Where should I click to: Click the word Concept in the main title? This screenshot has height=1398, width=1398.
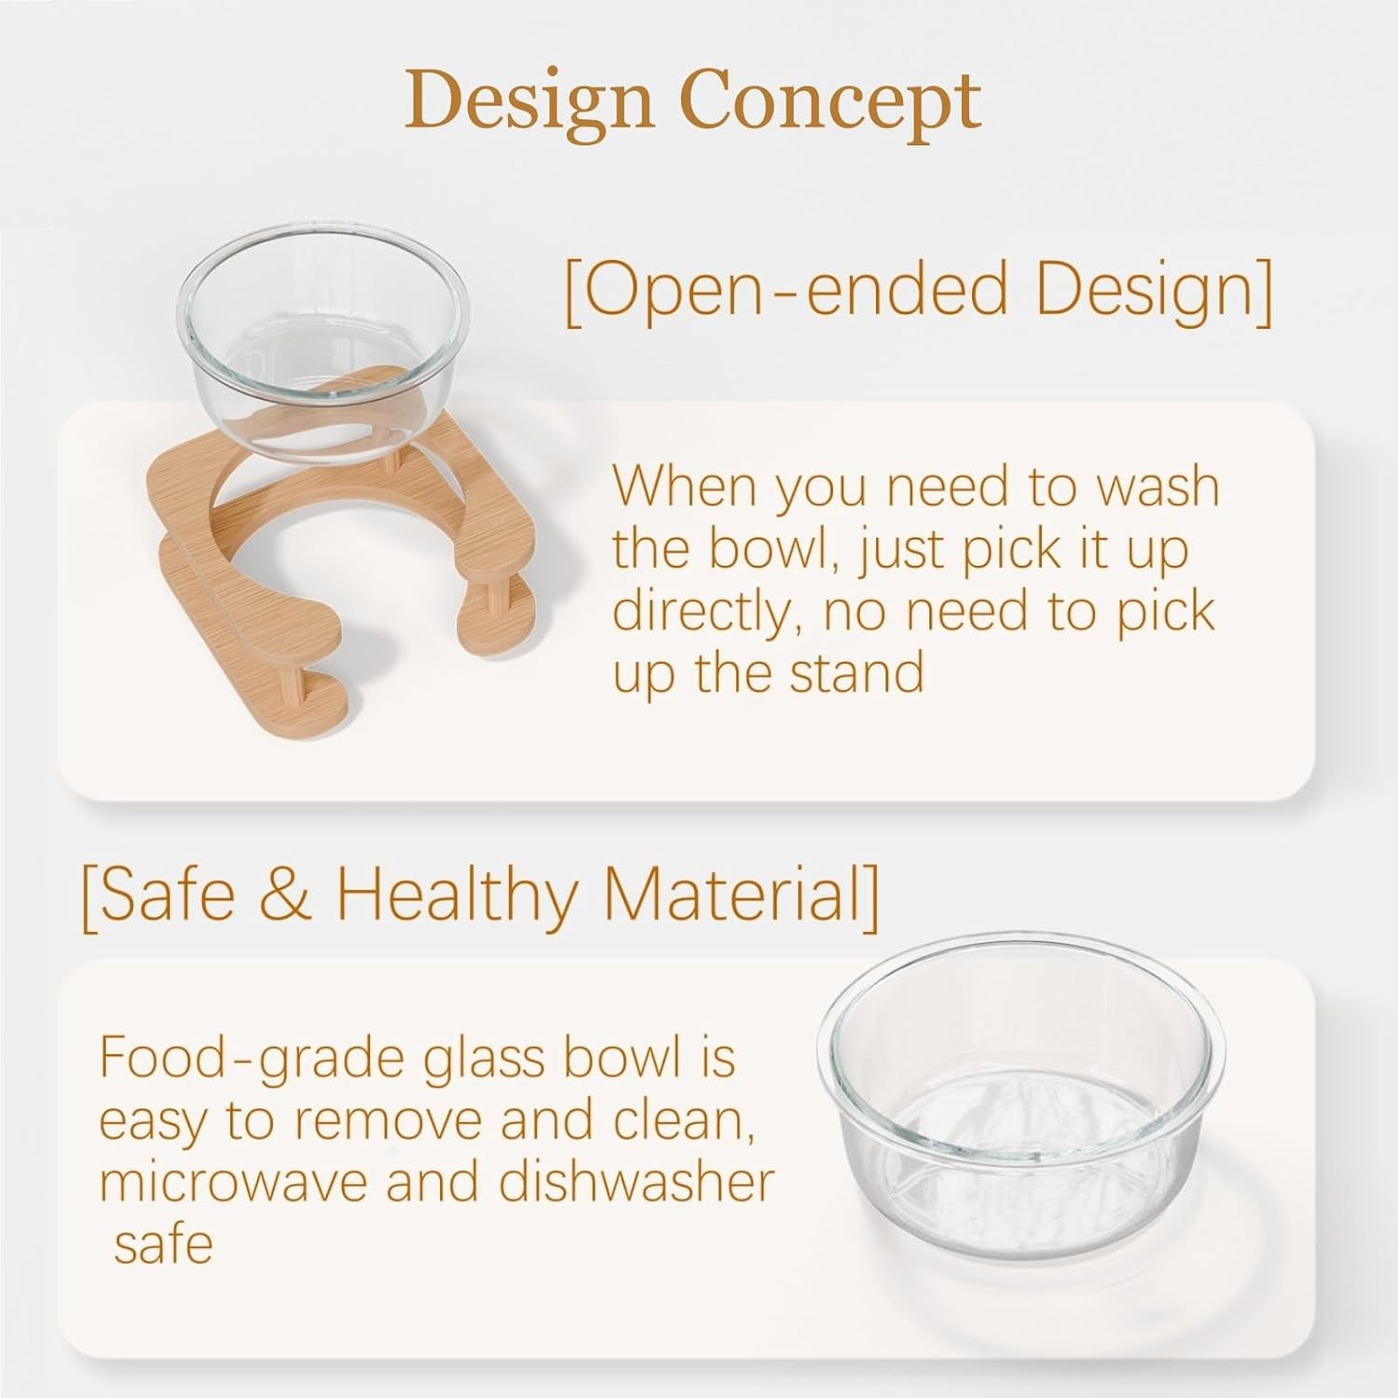point(831,103)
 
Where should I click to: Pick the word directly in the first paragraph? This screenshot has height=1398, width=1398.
point(699,612)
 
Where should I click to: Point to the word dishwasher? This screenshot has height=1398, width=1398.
point(636,1183)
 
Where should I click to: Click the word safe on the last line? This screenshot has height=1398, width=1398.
point(163,1243)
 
